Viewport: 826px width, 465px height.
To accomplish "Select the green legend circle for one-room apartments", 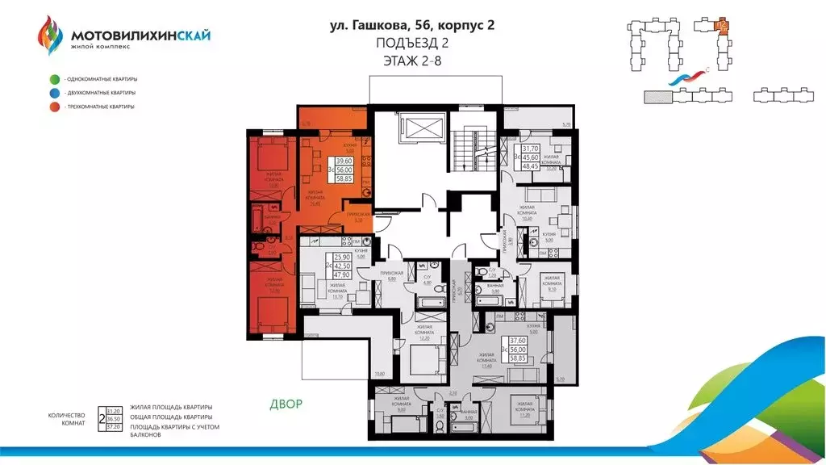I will pyautogui.click(x=53, y=79).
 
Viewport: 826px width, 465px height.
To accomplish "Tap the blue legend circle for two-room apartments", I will pyautogui.click(x=53, y=93).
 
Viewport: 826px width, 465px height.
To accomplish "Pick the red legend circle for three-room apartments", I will pyautogui.click(x=53, y=107).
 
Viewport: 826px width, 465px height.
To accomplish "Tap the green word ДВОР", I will pyautogui.click(x=286, y=403).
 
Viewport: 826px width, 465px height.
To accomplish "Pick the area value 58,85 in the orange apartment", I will pyautogui.click(x=344, y=178).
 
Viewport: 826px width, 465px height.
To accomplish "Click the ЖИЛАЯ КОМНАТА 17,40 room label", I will pyautogui.click(x=486, y=361).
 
